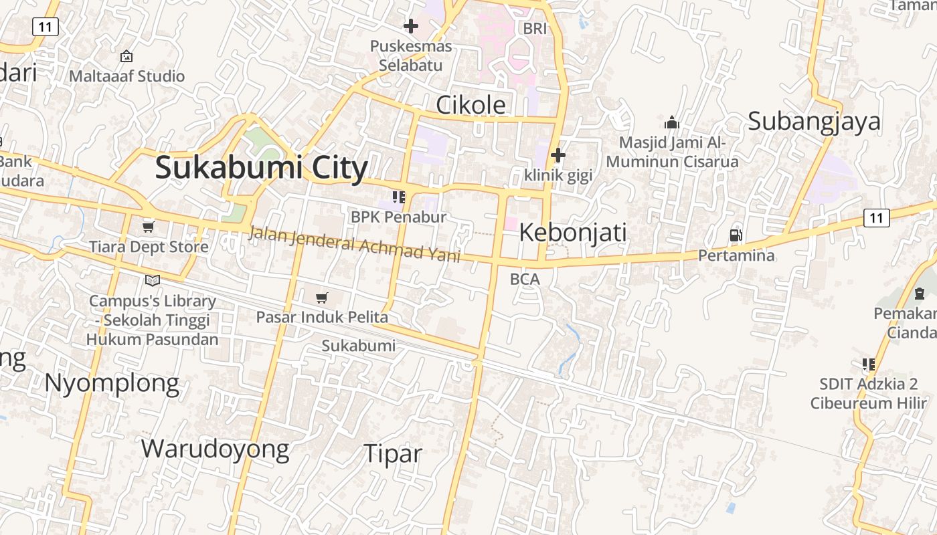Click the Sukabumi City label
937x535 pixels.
click(261, 168)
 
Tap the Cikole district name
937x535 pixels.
click(471, 105)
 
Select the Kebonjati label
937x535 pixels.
click(573, 233)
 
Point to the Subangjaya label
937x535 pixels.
click(814, 122)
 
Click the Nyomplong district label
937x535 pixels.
click(112, 384)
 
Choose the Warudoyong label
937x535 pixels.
click(215, 449)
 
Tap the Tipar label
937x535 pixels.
click(393, 454)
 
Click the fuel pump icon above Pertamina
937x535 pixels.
click(736, 235)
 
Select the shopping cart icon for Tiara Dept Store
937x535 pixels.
click(149, 227)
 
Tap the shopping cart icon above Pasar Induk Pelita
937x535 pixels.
click(322, 298)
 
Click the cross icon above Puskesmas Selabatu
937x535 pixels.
click(411, 27)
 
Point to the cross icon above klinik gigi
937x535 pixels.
click(558, 156)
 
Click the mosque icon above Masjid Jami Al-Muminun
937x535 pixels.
click(672, 122)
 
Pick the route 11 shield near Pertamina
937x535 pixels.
click(876, 217)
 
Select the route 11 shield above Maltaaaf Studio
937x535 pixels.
click(46, 27)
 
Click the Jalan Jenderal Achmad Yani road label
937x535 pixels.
click(354, 244)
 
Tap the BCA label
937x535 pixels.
click(525, 280)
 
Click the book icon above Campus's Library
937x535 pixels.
click(153, 280)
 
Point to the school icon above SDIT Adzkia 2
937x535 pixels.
click(869, 364)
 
